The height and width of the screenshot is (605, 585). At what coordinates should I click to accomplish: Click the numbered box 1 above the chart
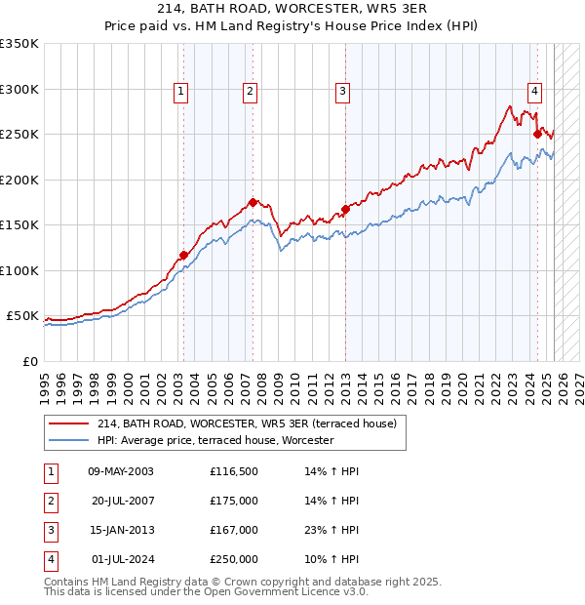point(181,92)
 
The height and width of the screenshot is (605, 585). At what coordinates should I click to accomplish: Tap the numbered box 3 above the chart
point(343,92)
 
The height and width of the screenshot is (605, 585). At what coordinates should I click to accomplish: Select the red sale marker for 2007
point(253,202)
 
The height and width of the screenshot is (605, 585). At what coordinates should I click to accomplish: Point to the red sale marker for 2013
point(345,209)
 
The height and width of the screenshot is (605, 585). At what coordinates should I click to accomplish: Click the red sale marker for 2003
point(183,256)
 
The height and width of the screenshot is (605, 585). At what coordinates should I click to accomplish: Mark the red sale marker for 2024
point(537,134)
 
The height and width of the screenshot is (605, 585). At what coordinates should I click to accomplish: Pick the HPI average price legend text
point(215,440)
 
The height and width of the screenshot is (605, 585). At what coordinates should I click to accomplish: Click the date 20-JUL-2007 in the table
point(123,501)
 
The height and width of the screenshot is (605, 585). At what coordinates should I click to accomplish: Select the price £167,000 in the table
point(234,530)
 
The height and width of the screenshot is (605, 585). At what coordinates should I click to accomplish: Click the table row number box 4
point(49,560)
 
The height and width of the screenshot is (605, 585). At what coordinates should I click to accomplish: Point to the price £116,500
point(234,471)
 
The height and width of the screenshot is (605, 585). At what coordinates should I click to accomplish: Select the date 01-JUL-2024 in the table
point(123,560)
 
